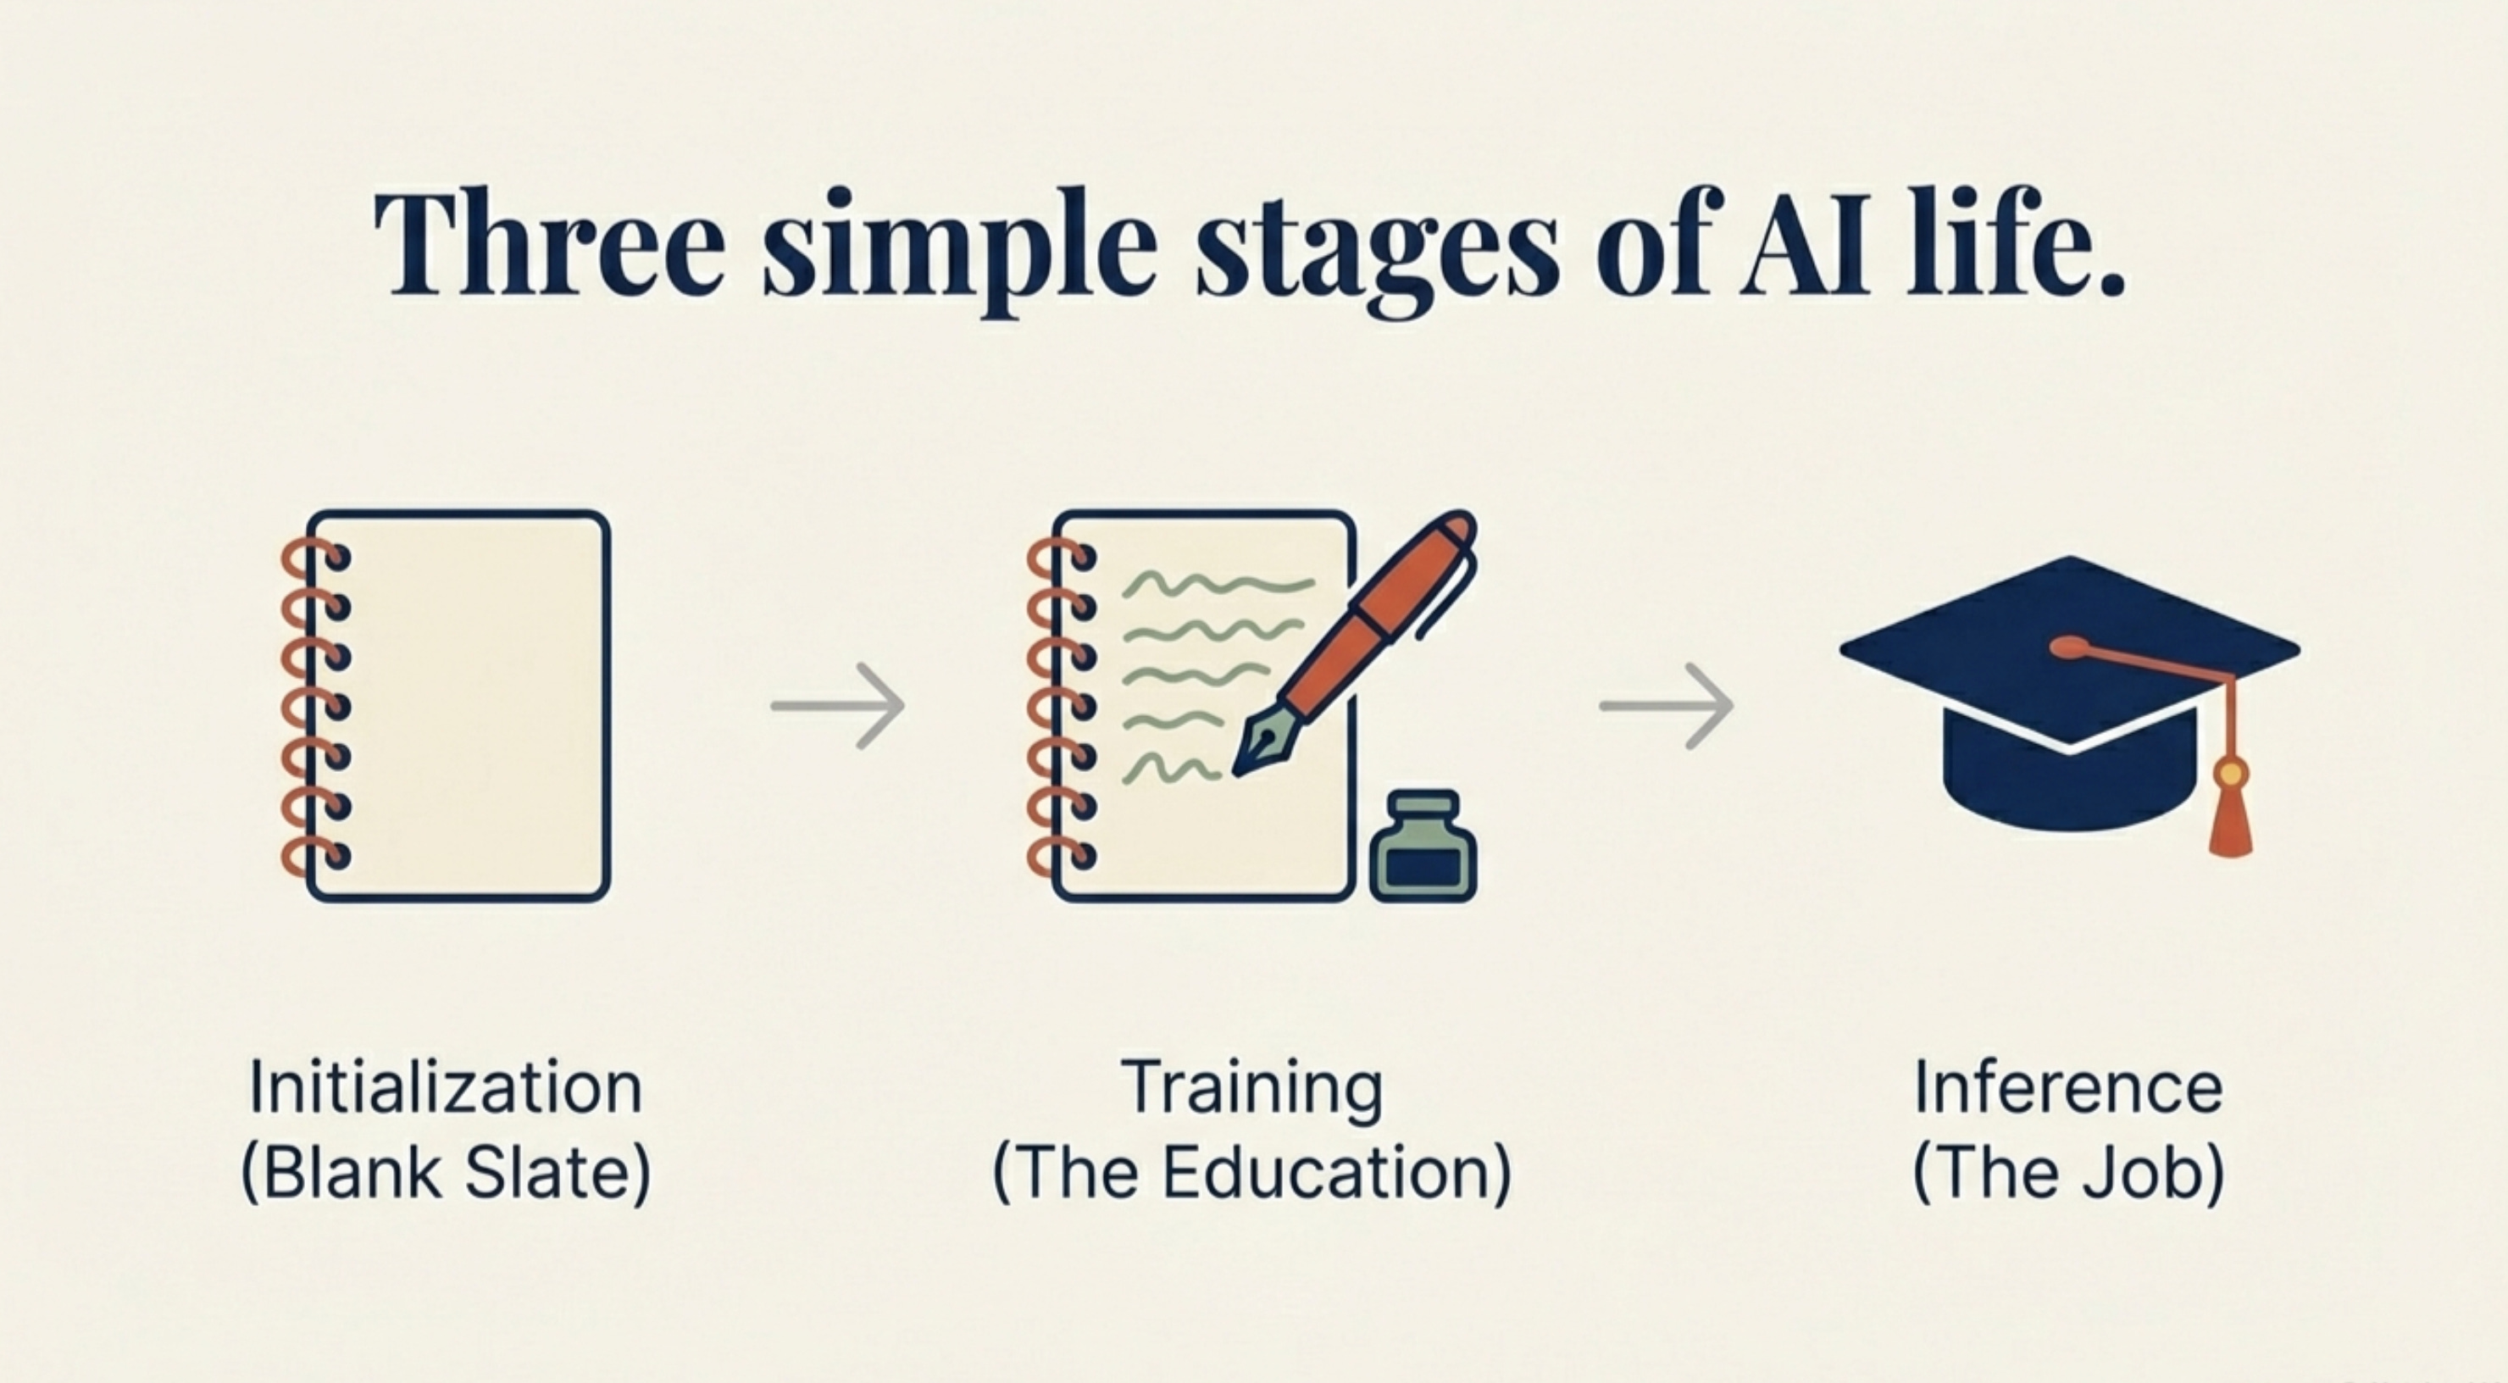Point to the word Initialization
coord(446,1087)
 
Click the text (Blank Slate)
coord(446,1173)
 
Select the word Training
coord(1252,1087)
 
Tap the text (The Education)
coord(1252,1173)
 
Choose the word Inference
coord(2069,1087)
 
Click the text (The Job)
coord(2069,1173)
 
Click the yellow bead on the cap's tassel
coord(2231,775)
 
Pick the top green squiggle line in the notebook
coord(1217,585)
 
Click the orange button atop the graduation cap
coord(2070,647)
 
